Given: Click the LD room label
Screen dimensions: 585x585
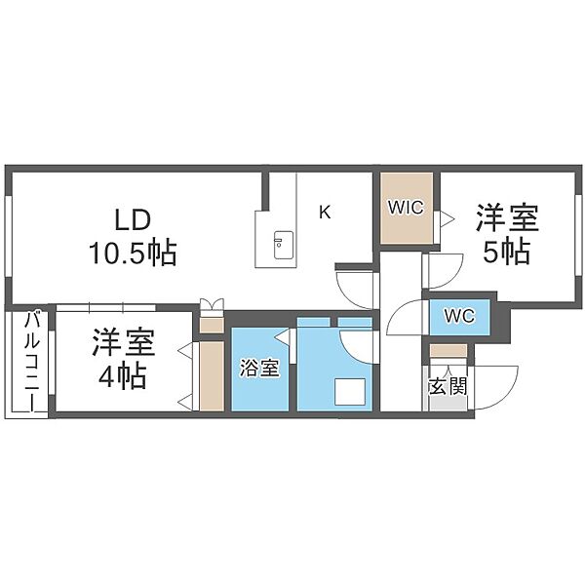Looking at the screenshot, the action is pos(133,220).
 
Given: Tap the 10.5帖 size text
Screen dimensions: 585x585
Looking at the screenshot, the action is pos(133,253).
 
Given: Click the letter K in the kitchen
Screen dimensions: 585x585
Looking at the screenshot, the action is pos(325,213).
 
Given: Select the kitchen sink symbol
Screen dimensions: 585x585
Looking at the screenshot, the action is pos(284,245).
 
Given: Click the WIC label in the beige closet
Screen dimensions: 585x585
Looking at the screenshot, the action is pos(406,208).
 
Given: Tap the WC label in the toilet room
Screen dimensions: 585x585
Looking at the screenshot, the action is pos(459,316).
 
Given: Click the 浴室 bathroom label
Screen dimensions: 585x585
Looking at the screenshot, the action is pos(259,368).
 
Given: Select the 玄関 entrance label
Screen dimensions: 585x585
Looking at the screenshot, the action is pos(448,386).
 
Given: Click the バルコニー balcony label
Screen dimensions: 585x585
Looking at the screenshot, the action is pos(30,360).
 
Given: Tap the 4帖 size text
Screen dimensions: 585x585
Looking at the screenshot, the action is pos(122,377).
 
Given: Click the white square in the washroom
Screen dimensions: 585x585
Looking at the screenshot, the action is pos(350,391).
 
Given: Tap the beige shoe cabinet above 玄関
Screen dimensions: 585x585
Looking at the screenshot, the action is pos(448,351).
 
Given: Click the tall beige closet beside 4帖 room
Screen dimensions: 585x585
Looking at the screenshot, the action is pos(212,375).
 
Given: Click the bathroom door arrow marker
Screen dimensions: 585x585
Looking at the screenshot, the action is pos(285,336).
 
